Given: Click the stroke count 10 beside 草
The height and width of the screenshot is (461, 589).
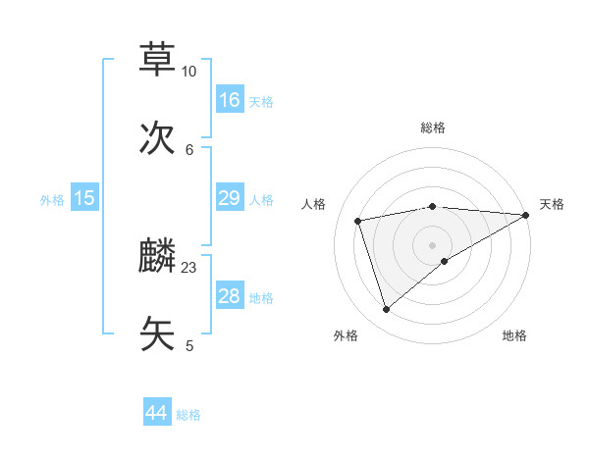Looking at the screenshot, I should point(189,72).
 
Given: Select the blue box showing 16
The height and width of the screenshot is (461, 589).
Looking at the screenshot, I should point(230,99).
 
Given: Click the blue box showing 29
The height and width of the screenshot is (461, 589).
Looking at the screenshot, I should point(230,198).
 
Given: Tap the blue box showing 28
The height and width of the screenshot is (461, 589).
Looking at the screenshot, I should point(230,296).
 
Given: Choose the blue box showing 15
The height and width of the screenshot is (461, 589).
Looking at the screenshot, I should point(84,198).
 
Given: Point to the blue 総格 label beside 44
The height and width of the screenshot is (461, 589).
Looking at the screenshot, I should point(188,415).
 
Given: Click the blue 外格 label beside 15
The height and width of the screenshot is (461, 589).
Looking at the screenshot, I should point(52,200).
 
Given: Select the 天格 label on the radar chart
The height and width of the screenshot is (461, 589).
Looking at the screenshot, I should point(552,204).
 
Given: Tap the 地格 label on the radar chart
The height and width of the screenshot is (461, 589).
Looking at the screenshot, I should point(514,335).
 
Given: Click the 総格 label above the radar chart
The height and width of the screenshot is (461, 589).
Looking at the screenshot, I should point(433,128).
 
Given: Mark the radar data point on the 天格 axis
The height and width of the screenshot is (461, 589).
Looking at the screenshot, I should point(526,215).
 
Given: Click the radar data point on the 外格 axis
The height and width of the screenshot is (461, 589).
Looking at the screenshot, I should point(386,310).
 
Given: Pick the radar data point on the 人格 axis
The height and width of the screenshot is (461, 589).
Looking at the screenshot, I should point(358,221).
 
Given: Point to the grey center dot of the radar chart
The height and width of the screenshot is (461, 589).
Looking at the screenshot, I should point(433,244).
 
